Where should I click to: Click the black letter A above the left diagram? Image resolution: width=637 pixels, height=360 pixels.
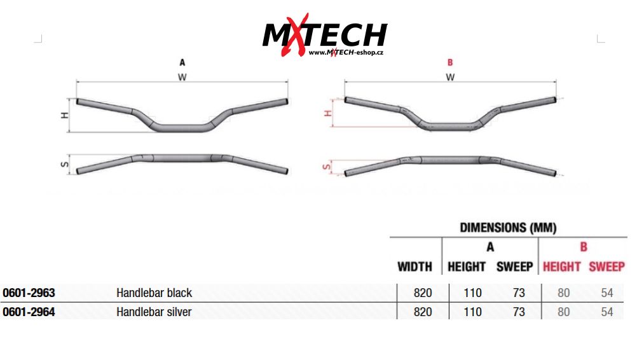click(182, 62)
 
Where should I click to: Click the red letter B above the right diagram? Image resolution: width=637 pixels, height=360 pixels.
click(450, 62)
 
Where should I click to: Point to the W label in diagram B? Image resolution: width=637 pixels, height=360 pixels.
click(450, 77)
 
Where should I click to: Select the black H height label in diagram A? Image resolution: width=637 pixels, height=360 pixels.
click(64, 115)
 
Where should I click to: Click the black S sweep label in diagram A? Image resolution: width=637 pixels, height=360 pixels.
click(64, 164)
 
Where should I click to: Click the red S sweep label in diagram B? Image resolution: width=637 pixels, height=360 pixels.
click(327, 167)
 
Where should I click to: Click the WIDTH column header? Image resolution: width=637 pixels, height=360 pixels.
click(414, 267)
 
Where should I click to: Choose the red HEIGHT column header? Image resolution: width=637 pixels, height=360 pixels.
click(561, 267)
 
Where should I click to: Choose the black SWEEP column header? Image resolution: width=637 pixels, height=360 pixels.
click(514, 267)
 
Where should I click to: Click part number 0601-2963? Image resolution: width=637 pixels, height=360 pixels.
click(29, 293)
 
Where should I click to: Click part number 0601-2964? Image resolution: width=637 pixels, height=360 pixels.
click(29, 312)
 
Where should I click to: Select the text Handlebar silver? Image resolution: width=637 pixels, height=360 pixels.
click(154, 312)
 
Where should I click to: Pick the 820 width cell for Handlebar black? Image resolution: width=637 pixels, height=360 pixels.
click(423, 293)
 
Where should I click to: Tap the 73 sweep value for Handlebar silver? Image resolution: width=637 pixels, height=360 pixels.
click(519, 312)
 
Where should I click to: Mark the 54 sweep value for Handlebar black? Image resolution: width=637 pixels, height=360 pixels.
click(606, 293)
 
